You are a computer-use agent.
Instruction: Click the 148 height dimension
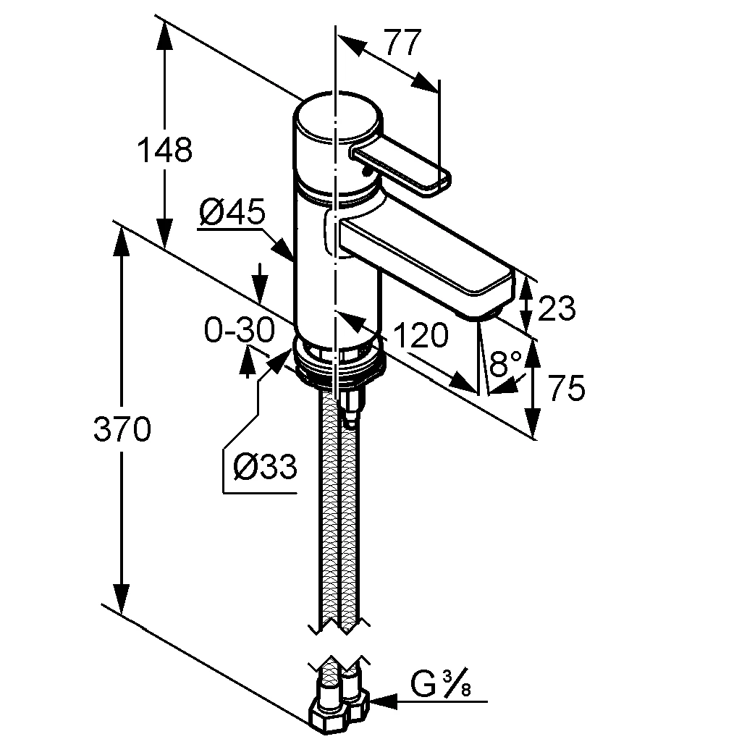(x=164, y=150)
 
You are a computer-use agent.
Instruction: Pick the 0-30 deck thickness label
(x=239, y=331)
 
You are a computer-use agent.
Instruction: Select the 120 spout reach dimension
(x=421, y=335)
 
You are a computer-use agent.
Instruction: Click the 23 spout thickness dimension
(x=558, y=309)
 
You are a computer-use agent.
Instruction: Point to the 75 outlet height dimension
(x=565, y=389)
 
